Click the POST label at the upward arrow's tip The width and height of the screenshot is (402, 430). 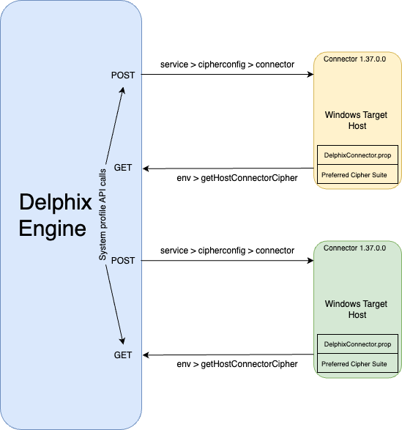coord(123,75)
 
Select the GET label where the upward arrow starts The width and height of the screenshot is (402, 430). coord(123,168)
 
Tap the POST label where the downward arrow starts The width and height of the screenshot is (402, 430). coord(123,261)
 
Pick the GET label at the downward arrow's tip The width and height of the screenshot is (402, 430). coord(123,355)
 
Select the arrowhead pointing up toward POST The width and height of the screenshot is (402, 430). coord(123,92)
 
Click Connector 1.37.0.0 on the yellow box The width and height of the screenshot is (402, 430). coord(357,58)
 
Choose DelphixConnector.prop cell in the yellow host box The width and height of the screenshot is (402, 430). coord(357,155)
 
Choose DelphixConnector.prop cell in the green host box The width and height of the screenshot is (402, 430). coord(357,344)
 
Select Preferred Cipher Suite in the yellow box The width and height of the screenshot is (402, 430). coord(354,175)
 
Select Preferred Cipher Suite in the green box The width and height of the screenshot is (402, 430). coord(354,364)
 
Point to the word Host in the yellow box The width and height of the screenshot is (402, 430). coord(357,127)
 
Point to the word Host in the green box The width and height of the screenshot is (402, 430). coord(357,315)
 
